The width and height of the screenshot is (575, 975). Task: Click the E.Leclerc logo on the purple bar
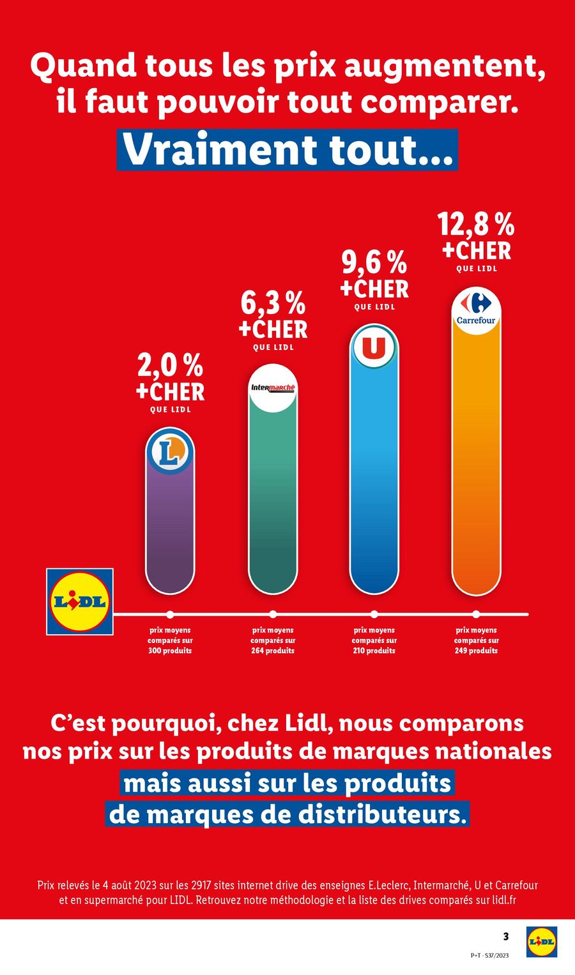click(170, 452)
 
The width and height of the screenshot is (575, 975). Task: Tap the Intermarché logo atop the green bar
click(273, 388)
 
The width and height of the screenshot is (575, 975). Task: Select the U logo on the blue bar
click(374, 348)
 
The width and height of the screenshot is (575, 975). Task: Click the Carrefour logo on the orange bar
click(476, 310)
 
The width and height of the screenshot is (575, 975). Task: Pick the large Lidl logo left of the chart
click(80, 601)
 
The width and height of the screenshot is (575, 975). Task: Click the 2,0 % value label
click(170, 367)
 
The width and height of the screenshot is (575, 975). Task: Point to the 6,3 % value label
click(273, 304)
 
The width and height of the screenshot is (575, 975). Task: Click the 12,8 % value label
click(476, 225)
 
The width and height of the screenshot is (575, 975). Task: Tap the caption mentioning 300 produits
click(170, 640)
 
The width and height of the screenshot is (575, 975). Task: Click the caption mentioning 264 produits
click(273, 640)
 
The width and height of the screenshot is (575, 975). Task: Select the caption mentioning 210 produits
click(374, 640)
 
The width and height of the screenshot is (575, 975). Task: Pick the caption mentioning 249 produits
click(476, 640)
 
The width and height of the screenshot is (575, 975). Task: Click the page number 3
click(506, 937)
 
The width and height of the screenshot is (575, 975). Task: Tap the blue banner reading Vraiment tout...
click(287, 150)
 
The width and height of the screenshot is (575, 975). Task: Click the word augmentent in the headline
click(445, 67)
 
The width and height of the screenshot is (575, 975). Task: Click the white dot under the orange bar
click(476, 614)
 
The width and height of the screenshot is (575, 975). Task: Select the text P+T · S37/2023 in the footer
click(489, 956)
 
